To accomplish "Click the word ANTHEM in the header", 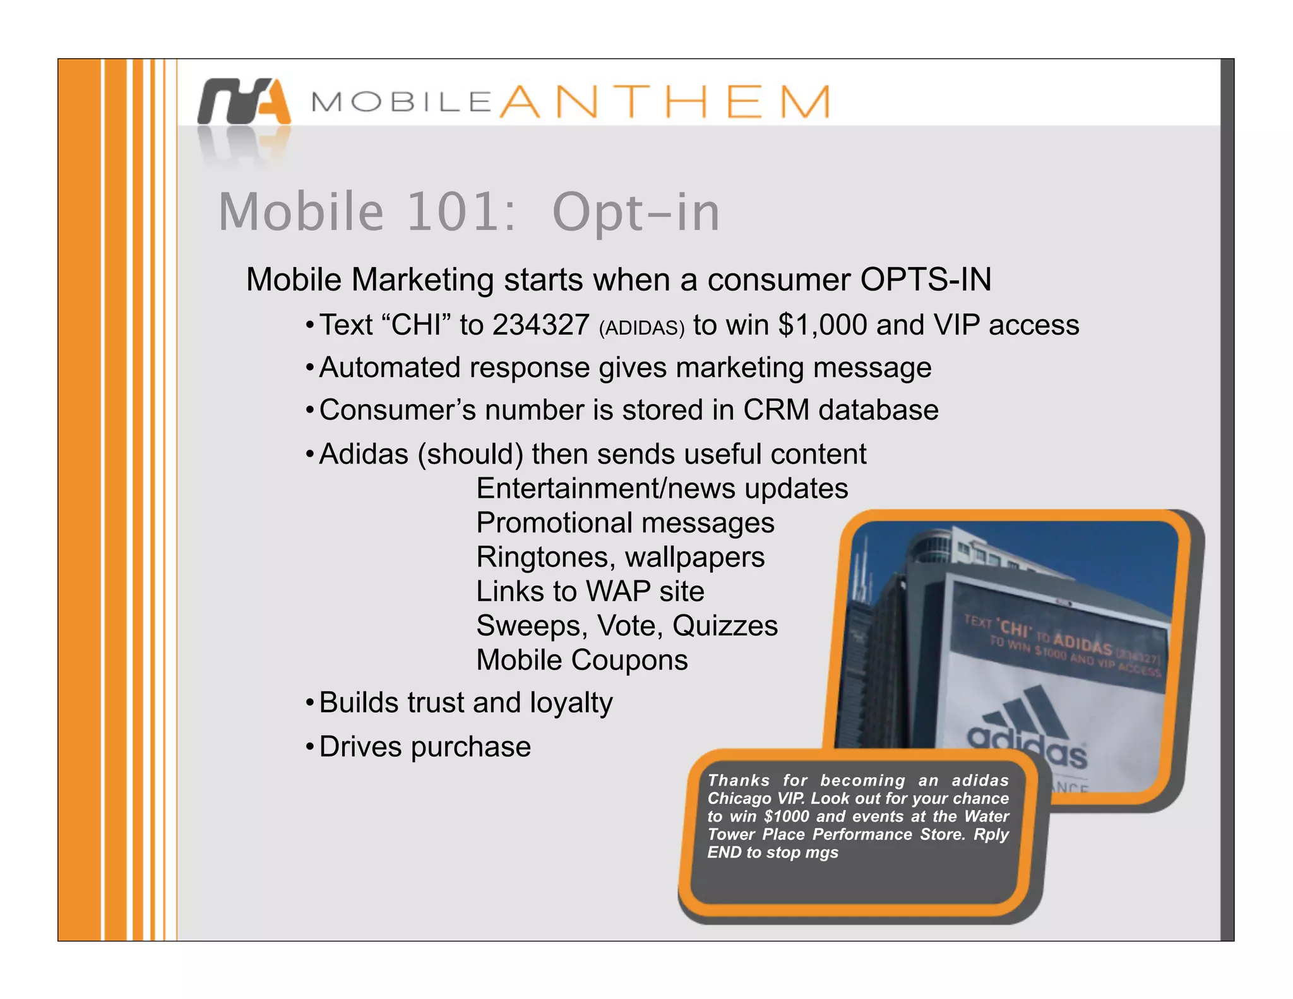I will (x=665, y=102).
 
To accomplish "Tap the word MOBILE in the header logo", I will (x=402, y=102).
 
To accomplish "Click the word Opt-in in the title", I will (x=636, y=212).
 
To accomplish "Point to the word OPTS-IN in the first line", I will (x=926, y=280).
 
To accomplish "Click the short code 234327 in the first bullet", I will (x=541, y=325).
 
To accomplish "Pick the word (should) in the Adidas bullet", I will (x=470, y=455).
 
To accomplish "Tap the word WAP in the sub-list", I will (x=617, y=592).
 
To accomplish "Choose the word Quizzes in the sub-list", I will (x=725, y=626).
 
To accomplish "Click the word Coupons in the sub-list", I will (x=629, y=661).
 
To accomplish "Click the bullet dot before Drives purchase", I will (x=309, y=748).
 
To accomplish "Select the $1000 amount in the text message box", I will (x=786, y=817).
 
